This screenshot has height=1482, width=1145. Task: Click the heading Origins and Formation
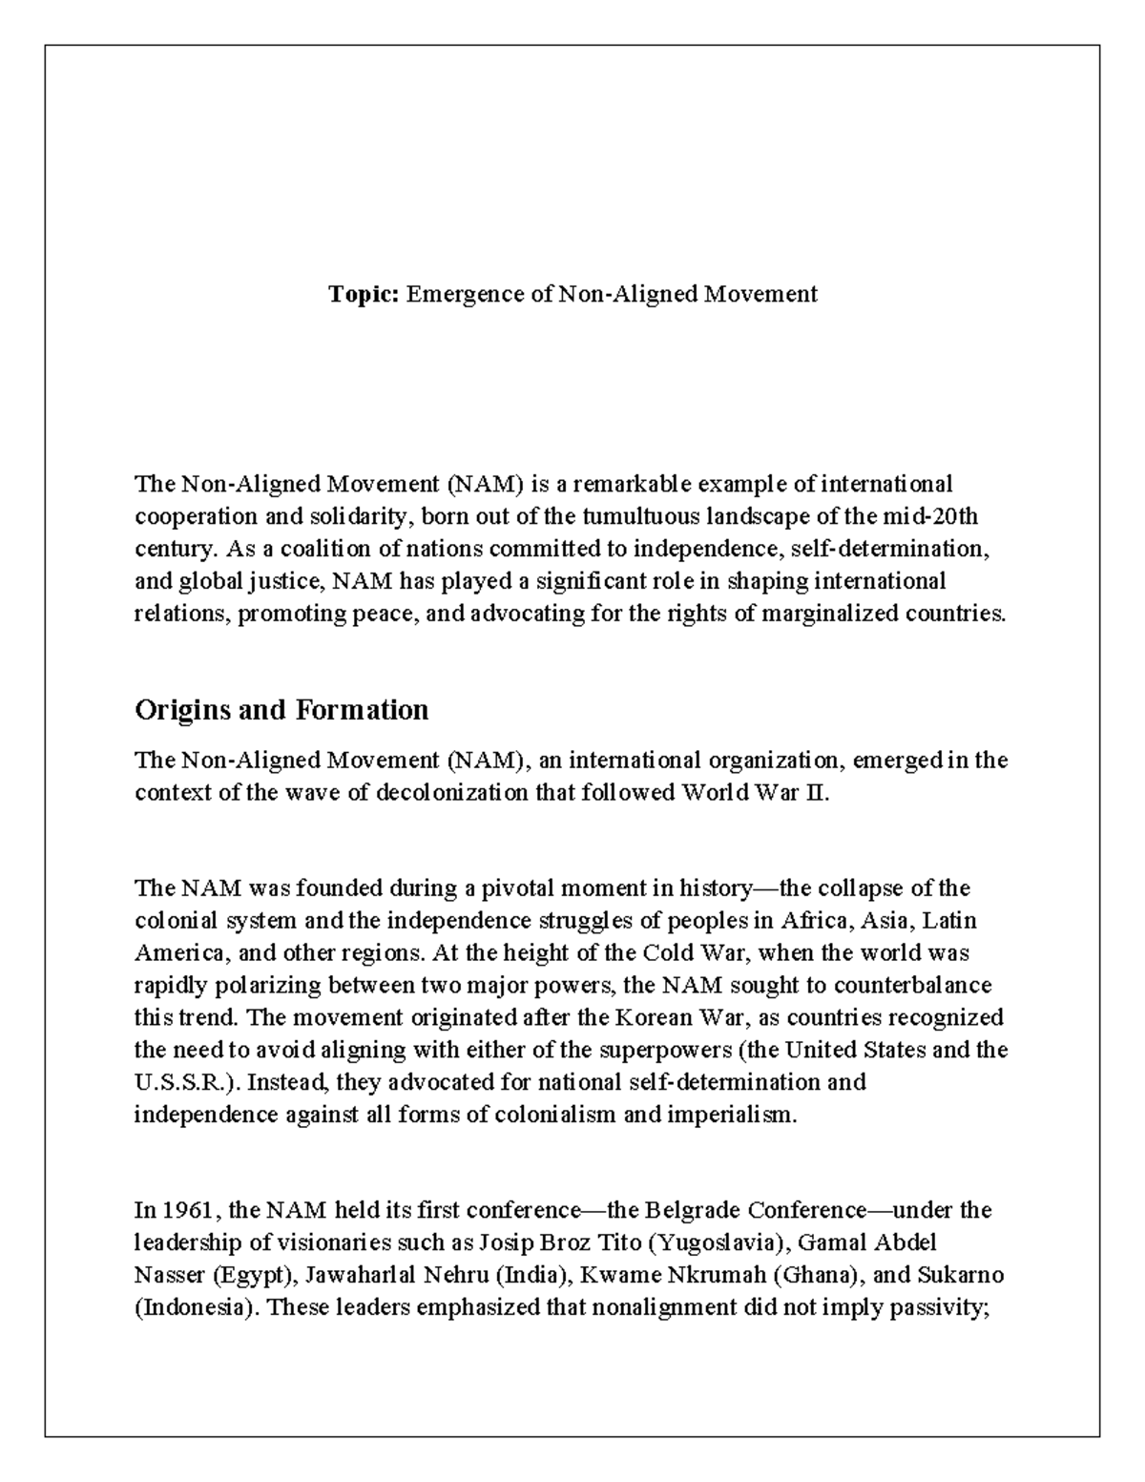tap(281, 710)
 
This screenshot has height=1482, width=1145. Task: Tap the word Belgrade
tap(693, 1211)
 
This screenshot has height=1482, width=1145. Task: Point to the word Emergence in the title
tap(466, 294)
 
